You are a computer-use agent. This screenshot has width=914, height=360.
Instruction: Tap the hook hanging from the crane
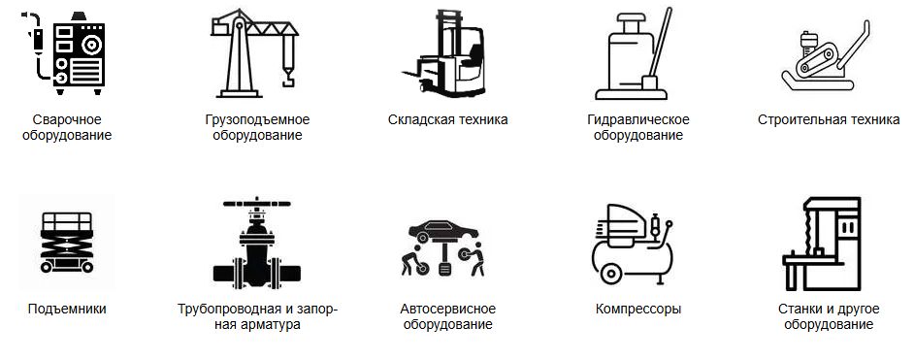coord(287,78)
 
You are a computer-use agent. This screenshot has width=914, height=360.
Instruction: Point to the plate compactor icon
coord(826,56)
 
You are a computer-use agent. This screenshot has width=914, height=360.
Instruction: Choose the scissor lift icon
coord(66,243)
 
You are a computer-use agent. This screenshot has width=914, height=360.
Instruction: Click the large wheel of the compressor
coord(610,274)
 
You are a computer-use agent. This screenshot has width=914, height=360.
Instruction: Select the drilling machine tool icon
coord(822,244)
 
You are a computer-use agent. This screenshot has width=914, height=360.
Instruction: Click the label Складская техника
coord(447,120)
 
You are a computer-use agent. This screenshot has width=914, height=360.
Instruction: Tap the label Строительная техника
coord(829,120)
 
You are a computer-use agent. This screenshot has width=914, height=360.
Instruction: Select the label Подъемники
coord(67,310)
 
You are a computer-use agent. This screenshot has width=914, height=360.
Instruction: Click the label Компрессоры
coord(638,310)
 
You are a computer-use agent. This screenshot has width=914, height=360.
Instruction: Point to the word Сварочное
coord(67,120)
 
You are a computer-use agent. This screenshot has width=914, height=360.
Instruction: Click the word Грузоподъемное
coord(258,120)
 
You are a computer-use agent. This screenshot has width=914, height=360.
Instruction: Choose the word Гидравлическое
coord(638,120)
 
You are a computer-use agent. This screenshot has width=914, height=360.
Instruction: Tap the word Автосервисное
coord(447,309)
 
